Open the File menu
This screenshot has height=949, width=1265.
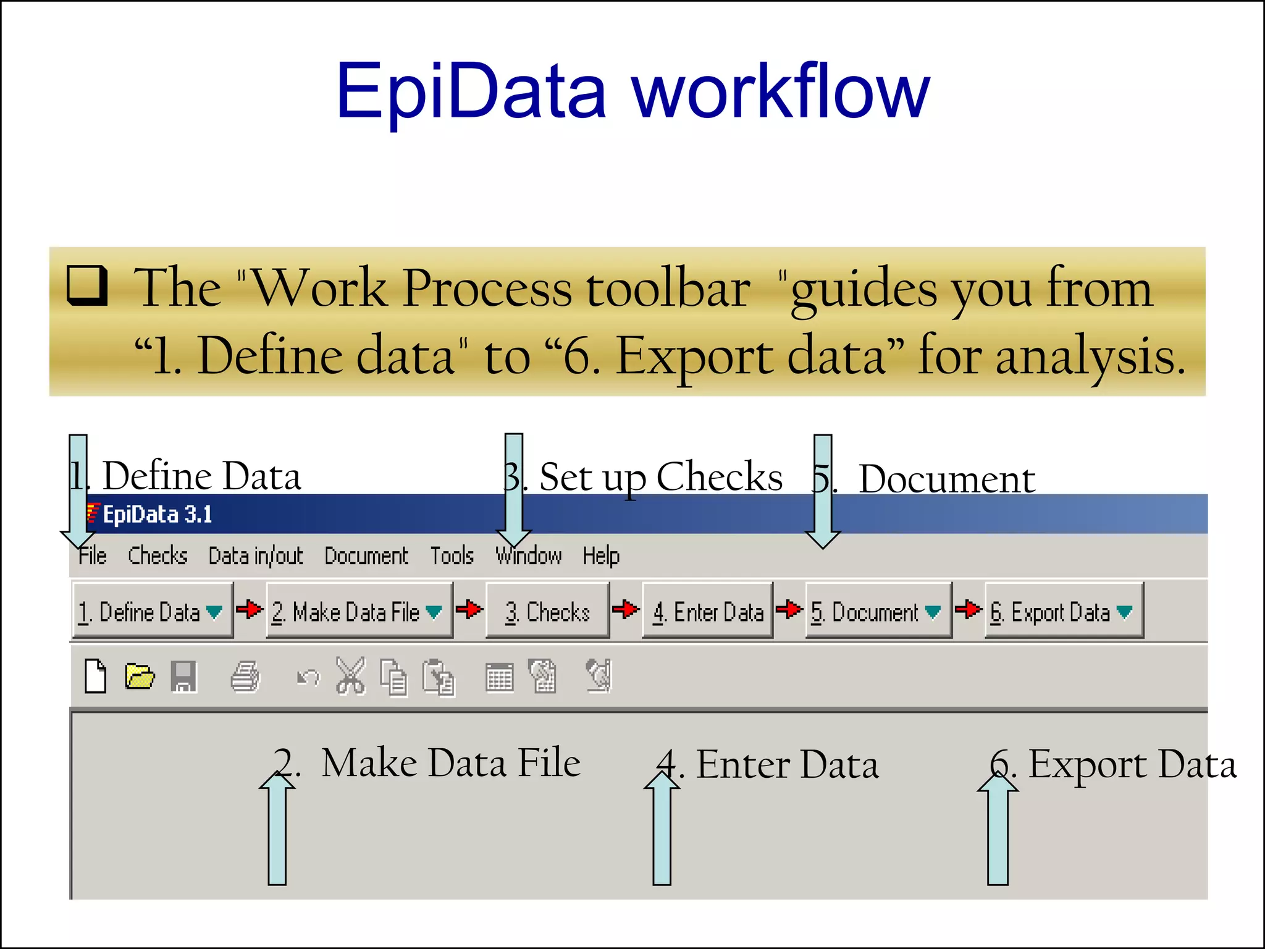tap(93, 555)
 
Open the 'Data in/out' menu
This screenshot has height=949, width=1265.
tap(256, 555)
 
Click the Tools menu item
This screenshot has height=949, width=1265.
tap(452, 555)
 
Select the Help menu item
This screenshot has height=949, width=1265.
tap(600, 555)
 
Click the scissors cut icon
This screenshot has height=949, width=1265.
tap(350, 676)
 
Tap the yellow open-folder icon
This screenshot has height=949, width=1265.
tap(140, 676)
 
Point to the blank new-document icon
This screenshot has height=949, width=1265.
tap(96, 676)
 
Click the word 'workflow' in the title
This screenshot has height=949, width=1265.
tap(780, 93)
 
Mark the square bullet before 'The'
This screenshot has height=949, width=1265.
tap(87, 285)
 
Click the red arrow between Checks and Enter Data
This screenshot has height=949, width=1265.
tap(626, 609)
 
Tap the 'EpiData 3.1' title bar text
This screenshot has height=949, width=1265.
tap(157, 514)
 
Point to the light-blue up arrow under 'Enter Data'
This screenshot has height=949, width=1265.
tap(662, 828)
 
